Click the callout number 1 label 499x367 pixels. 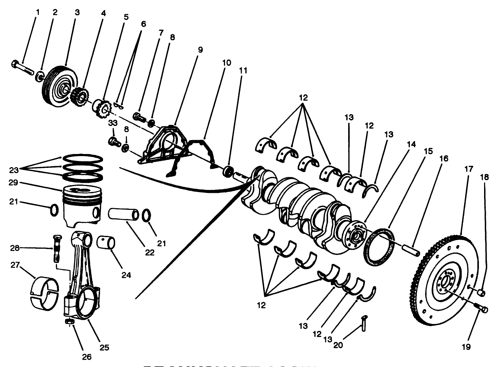click(38, 12)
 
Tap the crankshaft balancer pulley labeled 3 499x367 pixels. click(59, 83)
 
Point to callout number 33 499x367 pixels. click(113, 123)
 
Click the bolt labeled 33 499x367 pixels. click(114, 141)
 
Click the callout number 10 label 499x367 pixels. click(226, 63)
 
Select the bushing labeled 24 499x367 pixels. click(107, 241)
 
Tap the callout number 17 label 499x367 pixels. click(468, 169)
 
